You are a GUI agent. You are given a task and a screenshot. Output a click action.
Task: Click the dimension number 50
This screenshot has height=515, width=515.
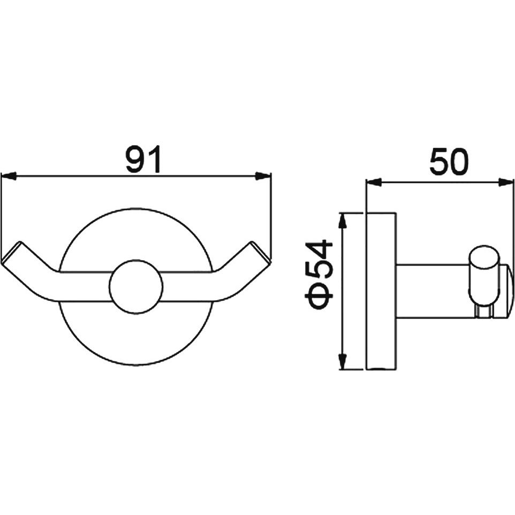point(449,162)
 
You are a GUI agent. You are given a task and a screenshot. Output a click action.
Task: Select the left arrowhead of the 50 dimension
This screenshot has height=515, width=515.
point(374,183)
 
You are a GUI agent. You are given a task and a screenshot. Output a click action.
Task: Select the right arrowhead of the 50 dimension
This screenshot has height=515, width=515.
point(506,183)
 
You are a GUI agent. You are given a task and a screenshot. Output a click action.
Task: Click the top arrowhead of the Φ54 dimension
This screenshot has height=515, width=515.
point(343,221)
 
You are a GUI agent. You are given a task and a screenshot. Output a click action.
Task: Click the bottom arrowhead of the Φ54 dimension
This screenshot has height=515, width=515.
point(343,362)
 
